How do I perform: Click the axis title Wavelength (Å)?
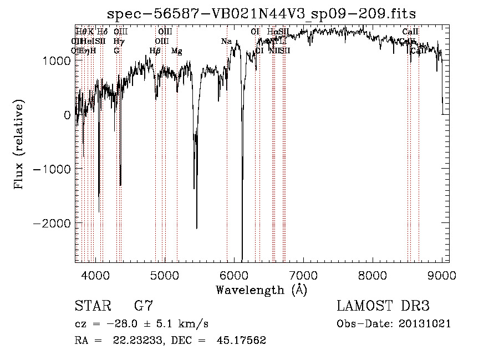(x=261, y=289)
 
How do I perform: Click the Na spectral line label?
(x=226, y=42)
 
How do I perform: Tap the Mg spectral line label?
(x=176, y=51)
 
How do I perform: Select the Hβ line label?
(x=155, y=51)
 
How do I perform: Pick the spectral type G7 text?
(x=144, y=306)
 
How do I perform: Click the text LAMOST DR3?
(x=383, y=306)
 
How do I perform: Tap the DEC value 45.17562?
(x=243, y=340)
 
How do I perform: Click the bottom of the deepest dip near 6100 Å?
(x=242, y=260)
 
